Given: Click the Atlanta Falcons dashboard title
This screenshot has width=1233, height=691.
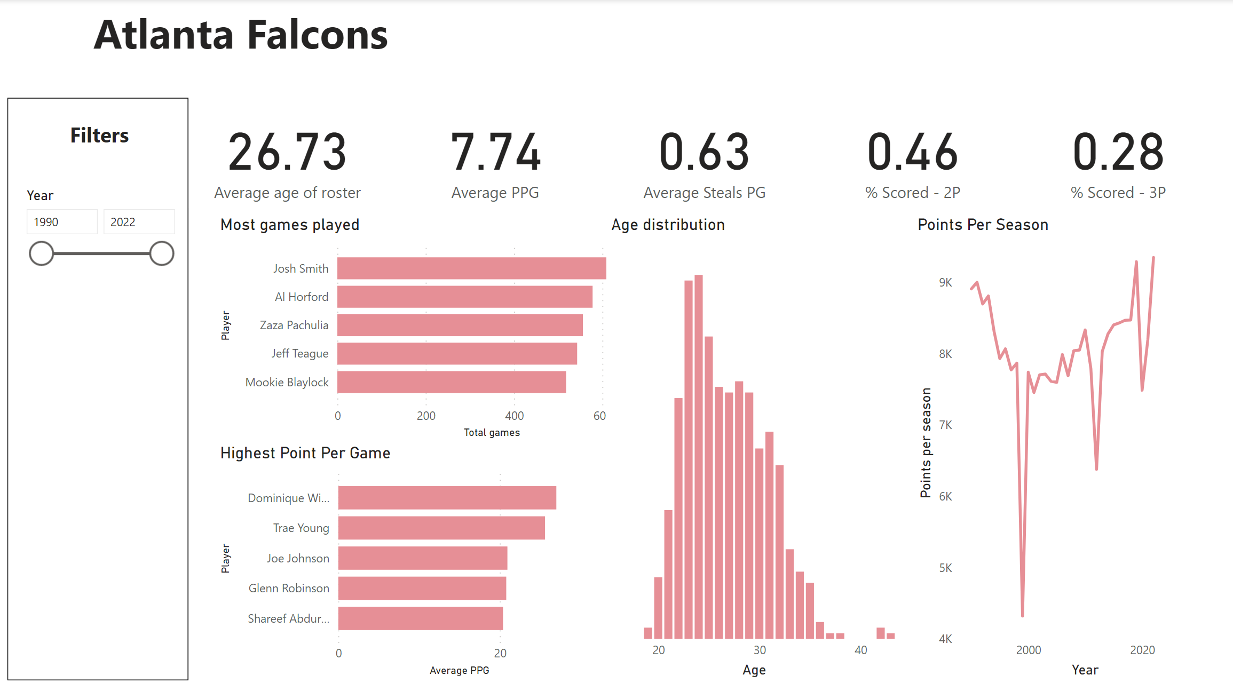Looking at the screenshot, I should [241, 35].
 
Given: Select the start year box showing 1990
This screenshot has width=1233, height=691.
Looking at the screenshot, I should [62, 222].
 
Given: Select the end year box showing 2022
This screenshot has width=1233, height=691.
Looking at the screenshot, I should [139, 222].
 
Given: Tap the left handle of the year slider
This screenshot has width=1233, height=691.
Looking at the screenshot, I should [41, 253].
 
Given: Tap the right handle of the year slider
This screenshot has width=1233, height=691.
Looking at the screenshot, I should [161, 253].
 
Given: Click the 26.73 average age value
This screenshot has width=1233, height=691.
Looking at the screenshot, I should [287, 153].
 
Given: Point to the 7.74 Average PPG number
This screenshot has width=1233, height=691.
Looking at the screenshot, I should [495, 153].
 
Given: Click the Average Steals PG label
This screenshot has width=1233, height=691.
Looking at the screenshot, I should [704, 193].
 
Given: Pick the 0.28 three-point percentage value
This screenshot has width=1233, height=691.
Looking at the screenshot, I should [1118, 153].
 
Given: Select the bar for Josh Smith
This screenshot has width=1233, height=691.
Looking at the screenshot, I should [471, 268].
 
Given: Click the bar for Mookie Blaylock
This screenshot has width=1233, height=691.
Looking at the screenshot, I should [452, 382].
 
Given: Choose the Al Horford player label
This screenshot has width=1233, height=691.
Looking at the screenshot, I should [302, 297].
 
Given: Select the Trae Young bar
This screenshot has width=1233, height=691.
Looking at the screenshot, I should [441, 528].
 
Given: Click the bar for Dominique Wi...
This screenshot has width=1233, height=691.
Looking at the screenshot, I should [447, 498].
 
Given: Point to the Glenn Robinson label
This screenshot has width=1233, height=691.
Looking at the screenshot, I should [289, 588].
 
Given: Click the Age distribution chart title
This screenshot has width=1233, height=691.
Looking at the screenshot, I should [668, 225].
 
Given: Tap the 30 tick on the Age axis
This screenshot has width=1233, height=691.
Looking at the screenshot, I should [760, 650].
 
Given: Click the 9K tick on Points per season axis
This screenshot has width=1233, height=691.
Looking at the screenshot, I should [945, 282].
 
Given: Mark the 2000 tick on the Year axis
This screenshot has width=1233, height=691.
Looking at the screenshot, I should [1028, 650].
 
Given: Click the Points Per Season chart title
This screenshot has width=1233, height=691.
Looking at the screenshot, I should [983, 225].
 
